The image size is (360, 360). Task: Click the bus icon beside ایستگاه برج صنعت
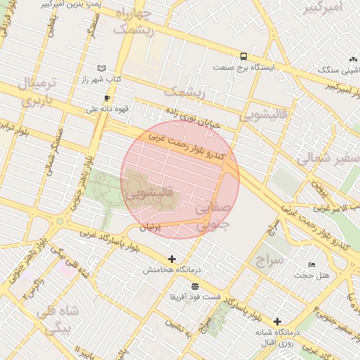point(243,57)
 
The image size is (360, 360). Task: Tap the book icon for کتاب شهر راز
point(103,68)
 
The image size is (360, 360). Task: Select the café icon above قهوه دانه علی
point(107,98)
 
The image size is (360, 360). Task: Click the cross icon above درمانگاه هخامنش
point(172,259)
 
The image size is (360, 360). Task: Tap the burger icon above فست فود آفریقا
point(195,286)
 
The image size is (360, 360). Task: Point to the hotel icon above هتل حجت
point(311,264)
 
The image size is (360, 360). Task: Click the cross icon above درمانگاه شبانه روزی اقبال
point(277,321)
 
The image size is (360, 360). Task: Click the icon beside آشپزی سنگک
point(352,60)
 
